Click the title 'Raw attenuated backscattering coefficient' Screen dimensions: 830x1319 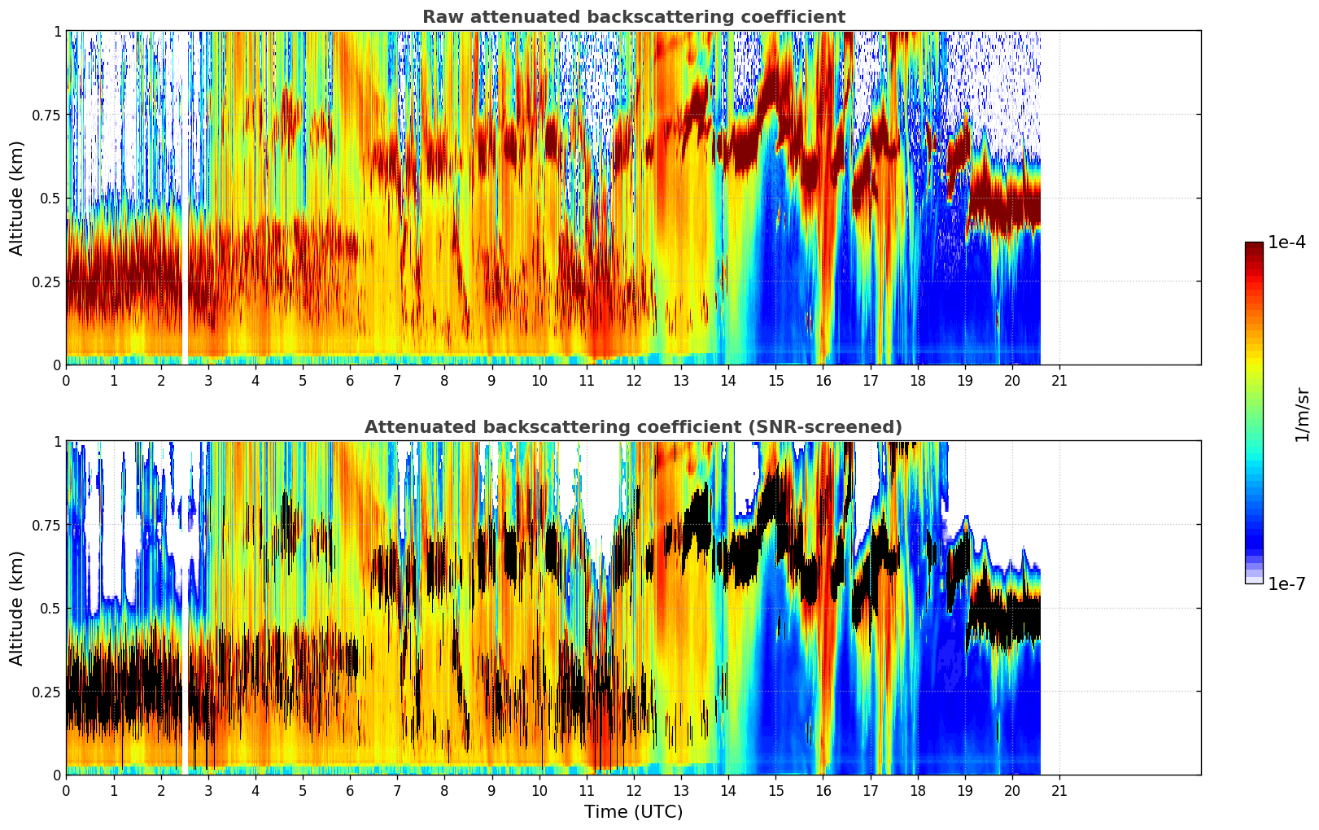pyautogui.click(x=633, y=17)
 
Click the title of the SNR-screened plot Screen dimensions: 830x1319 pyautogui.click(x=633, y=427)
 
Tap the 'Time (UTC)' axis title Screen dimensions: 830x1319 pyautogui.click(x=633, y=812)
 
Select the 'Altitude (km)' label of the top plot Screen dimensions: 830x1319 pyautogui.click(x=17, y=198)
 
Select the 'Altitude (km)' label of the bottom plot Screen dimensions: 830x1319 pyautogui.click(x=17, y=608)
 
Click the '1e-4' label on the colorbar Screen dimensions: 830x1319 pyautogui.click(x=1286, y=242)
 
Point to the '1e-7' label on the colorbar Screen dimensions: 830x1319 pyautogui.click(x=1286, y=583)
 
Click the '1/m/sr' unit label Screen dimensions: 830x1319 pyautogui.click(x=1302, y=415)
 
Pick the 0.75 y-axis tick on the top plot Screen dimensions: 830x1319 pyautogui.click(x=46, y=115)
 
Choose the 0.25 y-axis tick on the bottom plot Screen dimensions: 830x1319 pyautogui.click(x=46, y=692)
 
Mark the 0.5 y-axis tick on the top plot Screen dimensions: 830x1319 pyautogui.click(x=52, y=199)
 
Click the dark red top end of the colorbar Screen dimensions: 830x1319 pyautogui.click(x=1254, y=247)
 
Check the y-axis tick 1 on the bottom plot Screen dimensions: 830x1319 pyautogui.click(x=57, y=442)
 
